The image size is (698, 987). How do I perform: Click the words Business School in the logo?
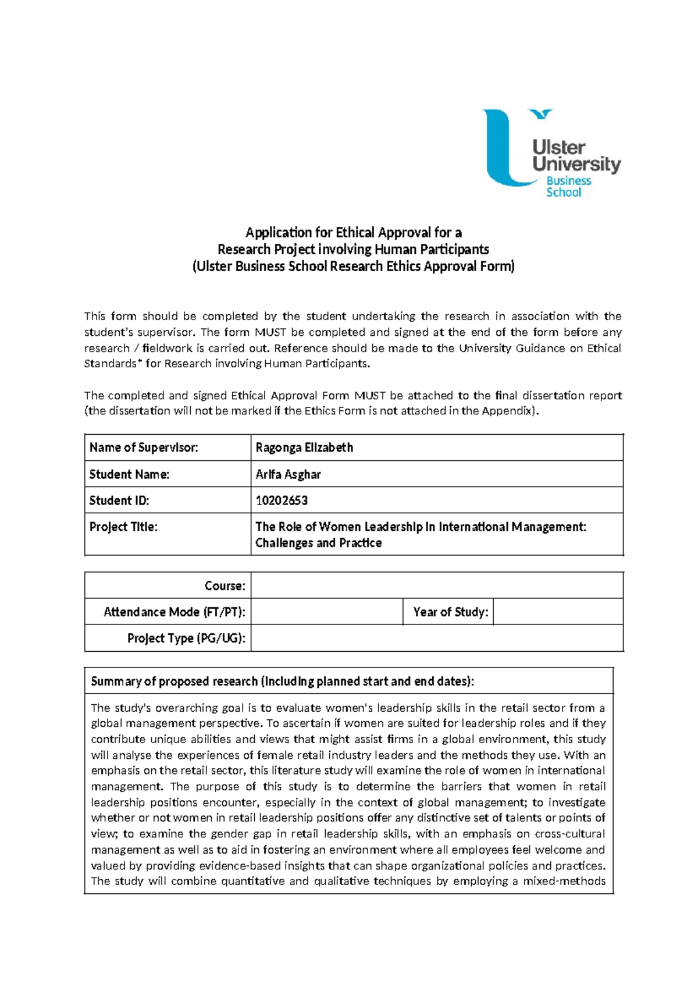pos(568,187)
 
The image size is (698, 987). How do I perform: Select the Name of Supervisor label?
pos(144,448)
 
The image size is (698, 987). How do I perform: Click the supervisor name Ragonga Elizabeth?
pos(304,448)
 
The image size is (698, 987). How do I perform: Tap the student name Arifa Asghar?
pos(288,474)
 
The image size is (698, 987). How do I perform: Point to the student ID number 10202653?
pos(282,500)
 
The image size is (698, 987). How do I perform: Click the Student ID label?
pos(119,500)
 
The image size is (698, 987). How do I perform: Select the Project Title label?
pos(123,527)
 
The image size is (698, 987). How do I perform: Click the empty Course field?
pos(436,585)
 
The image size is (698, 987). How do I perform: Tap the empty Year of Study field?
pos(557,612)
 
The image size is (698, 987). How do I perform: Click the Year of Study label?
pos(450,612)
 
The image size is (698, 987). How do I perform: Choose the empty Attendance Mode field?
pos(326,612)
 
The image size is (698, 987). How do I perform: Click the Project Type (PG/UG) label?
pos(186,638)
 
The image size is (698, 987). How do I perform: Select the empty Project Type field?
pos(436,638)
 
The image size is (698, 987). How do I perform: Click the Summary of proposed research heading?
pos(282,681)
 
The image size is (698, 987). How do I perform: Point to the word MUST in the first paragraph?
pos(268,332)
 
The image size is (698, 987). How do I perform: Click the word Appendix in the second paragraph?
pos(511,411)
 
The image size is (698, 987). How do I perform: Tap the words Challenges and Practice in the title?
pos(318,543)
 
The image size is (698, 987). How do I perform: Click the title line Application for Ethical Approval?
pos(353,233)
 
